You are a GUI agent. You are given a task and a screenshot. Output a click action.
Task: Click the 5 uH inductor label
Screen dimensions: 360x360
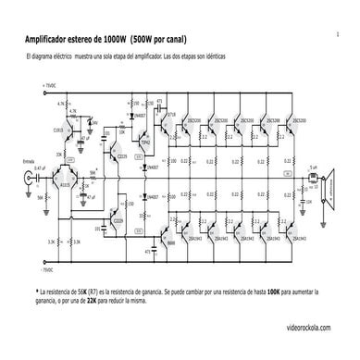(312, 168)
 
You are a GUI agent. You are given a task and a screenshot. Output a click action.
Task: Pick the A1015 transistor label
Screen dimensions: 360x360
(64, 185)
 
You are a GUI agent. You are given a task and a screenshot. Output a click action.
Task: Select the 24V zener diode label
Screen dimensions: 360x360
(93, 121)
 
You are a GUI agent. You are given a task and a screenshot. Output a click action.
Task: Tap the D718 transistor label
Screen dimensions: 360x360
(172, 110)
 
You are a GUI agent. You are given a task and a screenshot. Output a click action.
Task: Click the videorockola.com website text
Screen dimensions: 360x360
(313, 328)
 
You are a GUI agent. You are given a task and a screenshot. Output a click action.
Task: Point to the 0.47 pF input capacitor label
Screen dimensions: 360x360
(39, 168)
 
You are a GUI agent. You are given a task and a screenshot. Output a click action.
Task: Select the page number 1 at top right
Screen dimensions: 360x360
(338, 33)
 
